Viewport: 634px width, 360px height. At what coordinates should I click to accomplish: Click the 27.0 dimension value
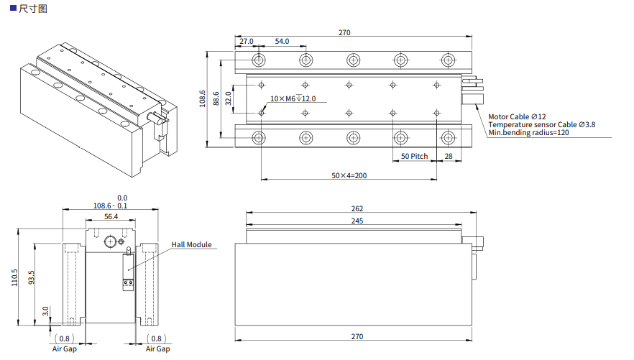(247, 42)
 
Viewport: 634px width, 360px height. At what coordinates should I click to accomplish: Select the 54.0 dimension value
(282, 42)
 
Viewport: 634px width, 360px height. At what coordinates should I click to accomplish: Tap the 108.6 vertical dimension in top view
(203, 98)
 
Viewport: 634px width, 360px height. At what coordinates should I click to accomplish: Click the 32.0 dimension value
(229, 98)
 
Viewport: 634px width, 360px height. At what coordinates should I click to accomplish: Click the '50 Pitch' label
(414, 156)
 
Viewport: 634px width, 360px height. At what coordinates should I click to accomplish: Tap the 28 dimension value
(449, 156)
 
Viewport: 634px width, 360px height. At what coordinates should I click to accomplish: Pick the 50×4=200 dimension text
(349, 175)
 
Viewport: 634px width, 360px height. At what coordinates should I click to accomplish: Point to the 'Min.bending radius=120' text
(528, 133)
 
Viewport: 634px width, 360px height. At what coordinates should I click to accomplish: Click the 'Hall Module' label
(191, 245)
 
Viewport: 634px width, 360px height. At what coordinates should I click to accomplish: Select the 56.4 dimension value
(111, 216)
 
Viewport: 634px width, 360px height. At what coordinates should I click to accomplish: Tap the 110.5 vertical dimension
(14, 277)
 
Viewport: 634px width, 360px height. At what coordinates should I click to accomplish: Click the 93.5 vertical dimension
(31, 277)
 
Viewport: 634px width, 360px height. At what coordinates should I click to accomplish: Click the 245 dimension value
(357, 221)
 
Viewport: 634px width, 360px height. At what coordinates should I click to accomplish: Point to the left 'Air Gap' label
(64, 349)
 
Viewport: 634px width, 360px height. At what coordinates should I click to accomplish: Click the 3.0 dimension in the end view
(45, 312)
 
